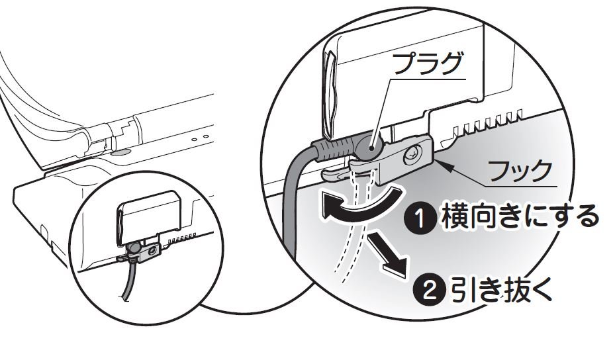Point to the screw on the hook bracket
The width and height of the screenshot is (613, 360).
412,154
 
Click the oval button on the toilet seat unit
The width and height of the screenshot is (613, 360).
119,152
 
